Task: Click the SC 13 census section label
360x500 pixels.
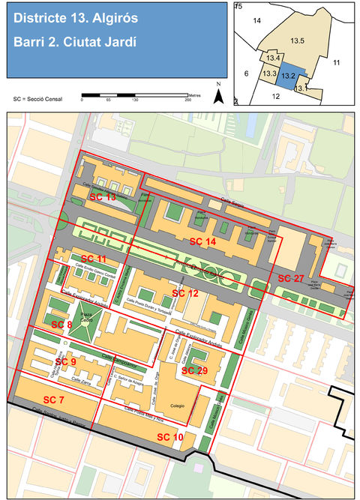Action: click(103, 196)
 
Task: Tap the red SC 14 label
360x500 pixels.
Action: click(202, 241)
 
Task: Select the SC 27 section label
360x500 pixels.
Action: click(291, 278)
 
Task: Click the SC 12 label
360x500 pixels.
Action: click(185, 292)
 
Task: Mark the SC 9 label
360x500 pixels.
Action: click(66, 361)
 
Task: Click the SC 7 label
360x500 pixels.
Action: click(54, 398)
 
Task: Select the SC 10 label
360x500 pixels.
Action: click(169, 436)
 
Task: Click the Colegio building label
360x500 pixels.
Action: click(177, 406)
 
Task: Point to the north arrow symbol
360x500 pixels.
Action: click(218, 94)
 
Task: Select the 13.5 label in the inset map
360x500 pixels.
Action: click(296, 40)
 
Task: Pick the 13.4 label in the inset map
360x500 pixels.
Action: click(273, 58)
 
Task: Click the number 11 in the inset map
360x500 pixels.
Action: click(337, 62)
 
